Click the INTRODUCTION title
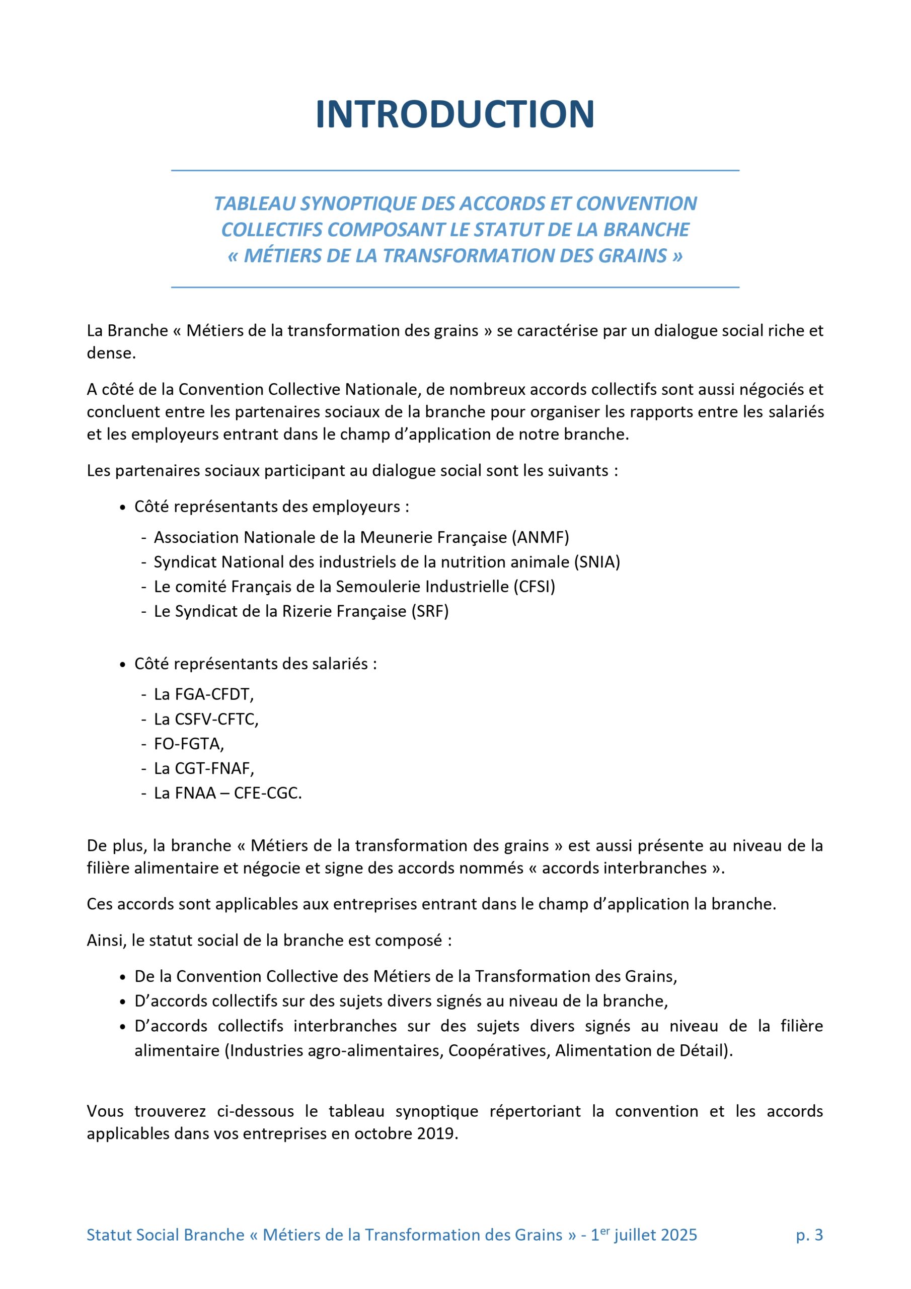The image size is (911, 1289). pyautogui.click(x=454, y=114)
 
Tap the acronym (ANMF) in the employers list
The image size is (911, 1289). pyautogui.click(x=540, y=537)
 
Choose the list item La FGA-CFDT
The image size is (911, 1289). pyautogui.click(x=204, y=694)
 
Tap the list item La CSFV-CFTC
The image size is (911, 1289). pyautogui.click(x=206, y=719)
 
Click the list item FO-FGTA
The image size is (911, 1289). pyautogui.click(x=189, y=744)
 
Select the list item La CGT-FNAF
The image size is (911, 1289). pyautogui.click(x=204, y=768)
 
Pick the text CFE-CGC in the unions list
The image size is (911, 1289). pyautogui.click(x=267, y=793)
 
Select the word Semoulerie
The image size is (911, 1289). pyautogui.click(x=376, y=587)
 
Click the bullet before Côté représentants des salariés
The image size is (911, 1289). pyautogui.click(x=123, y=665)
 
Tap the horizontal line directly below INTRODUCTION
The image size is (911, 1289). pyautogui.click(x=454, y=170)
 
